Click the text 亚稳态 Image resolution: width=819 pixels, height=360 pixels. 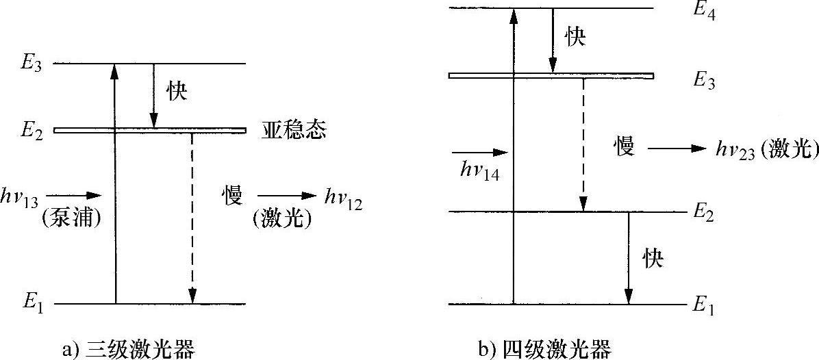pyautogui.click(x=294, y=130)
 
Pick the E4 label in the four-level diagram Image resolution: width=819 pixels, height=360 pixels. pyautogui.click(x=705, y=12)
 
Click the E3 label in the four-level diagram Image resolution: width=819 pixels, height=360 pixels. pyautogui.click(x=705, y=79)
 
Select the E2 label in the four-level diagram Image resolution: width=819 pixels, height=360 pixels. pyautogui.click(x=705, y=212)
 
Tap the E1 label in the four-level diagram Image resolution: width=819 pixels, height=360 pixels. pyautogui.click(x=705, y=306)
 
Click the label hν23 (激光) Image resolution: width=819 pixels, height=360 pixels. pyautogui.click(x=767, y=150)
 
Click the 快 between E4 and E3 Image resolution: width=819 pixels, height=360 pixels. pyautogui.click(x=575, y=37)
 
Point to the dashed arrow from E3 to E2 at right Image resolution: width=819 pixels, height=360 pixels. pyautogui.click(x=583, y=144)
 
